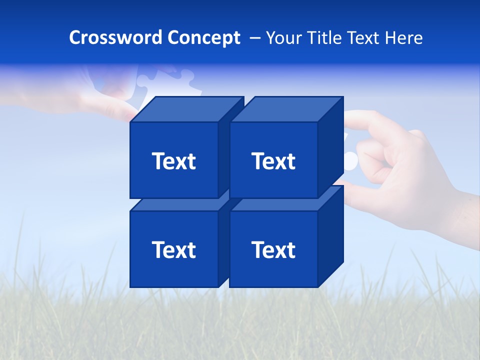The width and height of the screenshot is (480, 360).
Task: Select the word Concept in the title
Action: [x=203, y=37]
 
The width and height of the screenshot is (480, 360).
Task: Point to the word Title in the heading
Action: [x=325, y=37]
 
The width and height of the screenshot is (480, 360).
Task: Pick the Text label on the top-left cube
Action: [x=173, y=161]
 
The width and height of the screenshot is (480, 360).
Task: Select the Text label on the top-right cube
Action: [x=273, y=161]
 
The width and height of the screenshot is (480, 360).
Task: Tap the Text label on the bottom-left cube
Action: [x=173, y=249]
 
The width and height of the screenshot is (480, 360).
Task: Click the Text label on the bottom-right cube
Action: [x=273, y=249]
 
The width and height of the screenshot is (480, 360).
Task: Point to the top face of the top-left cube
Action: [x=186, y=109]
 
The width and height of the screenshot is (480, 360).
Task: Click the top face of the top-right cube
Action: [x=286, y=109]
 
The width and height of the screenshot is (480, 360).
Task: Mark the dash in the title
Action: [x=254, y=37]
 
